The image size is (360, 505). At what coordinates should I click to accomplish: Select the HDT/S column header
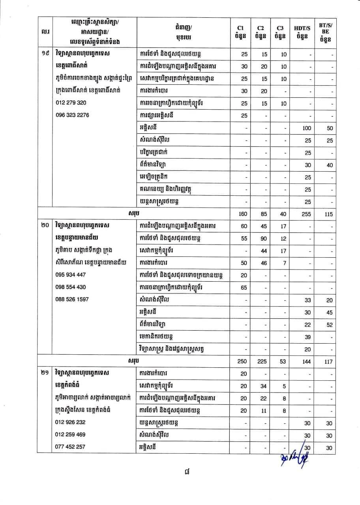click(x=302, y=32)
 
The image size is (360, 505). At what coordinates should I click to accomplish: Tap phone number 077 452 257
click(x=71, y=447)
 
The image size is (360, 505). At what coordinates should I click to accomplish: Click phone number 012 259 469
click(x=71, y=434)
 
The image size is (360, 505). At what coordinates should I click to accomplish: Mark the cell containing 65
click(x=244, y=288)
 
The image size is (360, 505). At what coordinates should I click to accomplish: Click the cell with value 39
click(x=307, y=337)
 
